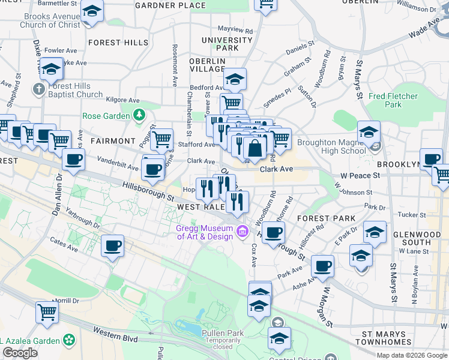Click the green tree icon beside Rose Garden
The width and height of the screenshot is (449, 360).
(139, 114)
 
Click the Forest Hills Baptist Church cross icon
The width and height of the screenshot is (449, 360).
(39, 90)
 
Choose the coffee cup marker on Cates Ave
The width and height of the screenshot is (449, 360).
(112, 245)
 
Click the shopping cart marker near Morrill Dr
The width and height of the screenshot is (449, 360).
(47, 312)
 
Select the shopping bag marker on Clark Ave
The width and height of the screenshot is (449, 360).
(255, 148)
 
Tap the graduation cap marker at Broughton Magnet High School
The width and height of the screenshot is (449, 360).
(369, 132)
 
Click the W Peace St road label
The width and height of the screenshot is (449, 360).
(360, 175)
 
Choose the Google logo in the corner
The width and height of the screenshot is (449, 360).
(20, 353)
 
